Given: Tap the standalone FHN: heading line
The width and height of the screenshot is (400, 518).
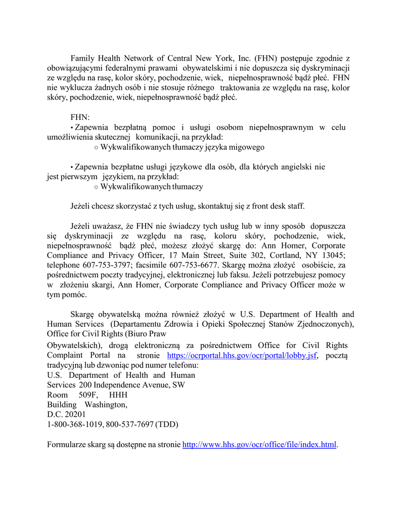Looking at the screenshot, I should pos(80,117).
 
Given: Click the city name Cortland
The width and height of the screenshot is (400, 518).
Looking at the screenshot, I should pos(279,255).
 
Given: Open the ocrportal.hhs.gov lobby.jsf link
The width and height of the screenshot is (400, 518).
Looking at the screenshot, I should pos(242,356).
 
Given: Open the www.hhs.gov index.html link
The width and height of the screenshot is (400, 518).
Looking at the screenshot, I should pos(259,445).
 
